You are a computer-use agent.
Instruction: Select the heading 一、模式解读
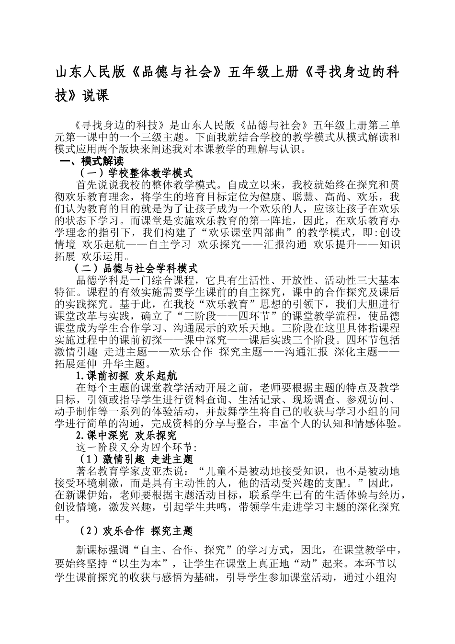(x=91, y=161)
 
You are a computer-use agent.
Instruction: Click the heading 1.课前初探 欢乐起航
(x=126, y=376)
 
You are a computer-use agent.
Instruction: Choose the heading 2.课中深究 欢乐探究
(x=126, y=436)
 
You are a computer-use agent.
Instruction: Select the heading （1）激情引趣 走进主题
(x=136, y=460)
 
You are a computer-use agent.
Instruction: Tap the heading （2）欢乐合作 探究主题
(x=136, y=531)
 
